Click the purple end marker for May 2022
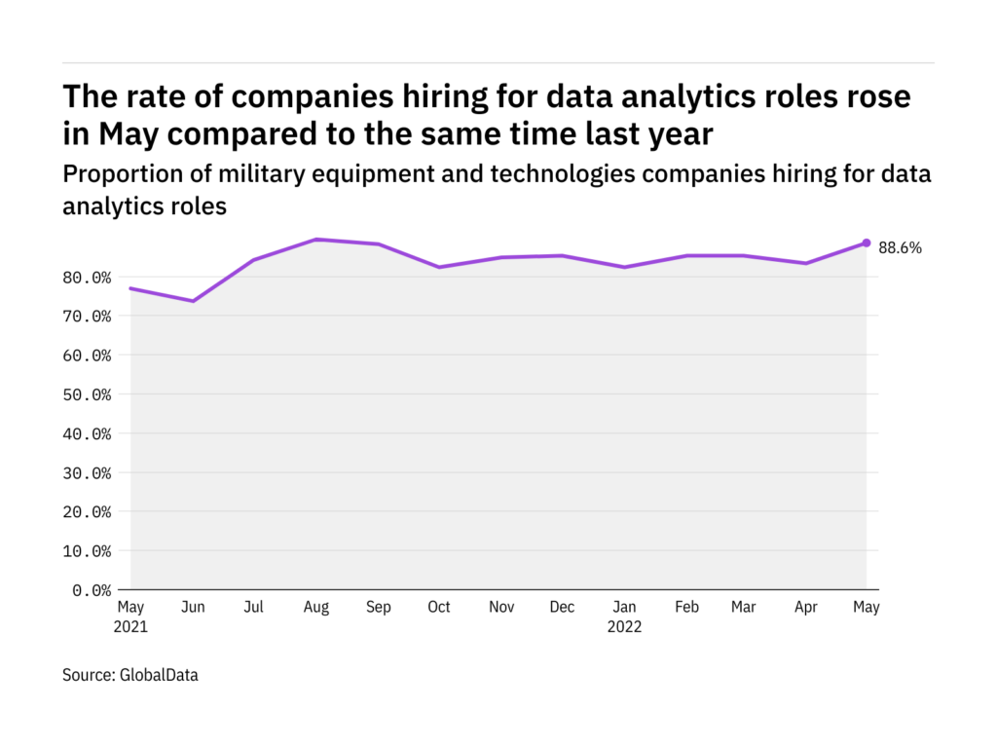[x=867, y=243]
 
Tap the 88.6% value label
[x=900, y=248]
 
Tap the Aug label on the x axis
[x=316, y=608]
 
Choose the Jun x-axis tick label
[x=193, y=608]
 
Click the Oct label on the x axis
[x=439, y=608]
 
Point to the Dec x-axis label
[x=562, y=608]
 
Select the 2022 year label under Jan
[x=624, y=627]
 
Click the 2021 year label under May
[x=131, y=627]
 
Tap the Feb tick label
[x=685, y=608]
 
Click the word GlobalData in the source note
[x=159, y=674]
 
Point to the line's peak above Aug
[x=316, y=240]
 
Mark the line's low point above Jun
[x=193, y=301]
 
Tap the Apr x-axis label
[x=805, y=608]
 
